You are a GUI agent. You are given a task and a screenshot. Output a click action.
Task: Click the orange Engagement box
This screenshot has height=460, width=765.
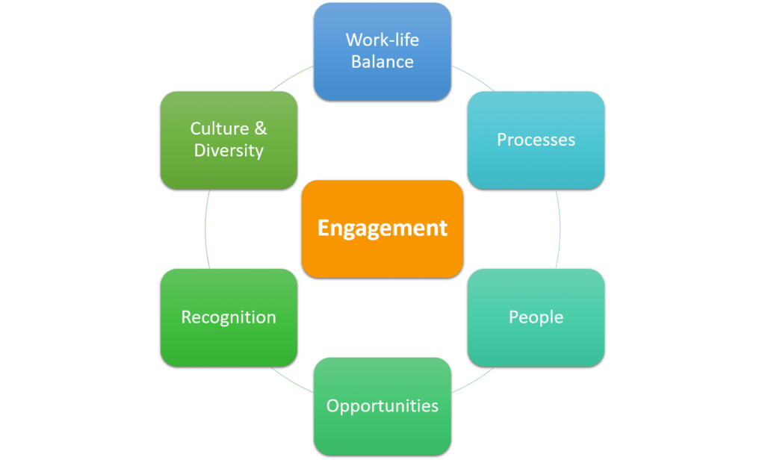[x=382, y=229]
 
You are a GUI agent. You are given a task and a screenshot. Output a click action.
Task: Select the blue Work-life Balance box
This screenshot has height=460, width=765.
[x=382, y=51]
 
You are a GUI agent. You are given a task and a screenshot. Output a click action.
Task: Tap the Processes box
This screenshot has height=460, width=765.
[x=536, y=140]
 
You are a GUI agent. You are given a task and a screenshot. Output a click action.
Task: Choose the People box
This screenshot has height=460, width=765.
[x=536, y=317]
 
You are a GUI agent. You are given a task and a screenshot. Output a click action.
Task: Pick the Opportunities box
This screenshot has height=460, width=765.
[x=382, y=406]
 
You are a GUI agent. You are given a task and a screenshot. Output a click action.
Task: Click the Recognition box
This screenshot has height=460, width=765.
[x=229, y=317]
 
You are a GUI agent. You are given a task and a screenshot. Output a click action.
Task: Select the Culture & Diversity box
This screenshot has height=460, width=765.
[x=229, y=140]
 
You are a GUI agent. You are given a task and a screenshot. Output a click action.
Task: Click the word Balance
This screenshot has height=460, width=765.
[x=382, y=62]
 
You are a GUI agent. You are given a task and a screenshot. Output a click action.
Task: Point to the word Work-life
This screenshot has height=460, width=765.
[x=382, y=40]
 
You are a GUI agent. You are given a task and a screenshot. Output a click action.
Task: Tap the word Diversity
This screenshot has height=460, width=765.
[x=229, y=151]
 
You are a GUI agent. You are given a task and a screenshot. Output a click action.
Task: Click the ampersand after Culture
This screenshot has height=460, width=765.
[x=260, y=128]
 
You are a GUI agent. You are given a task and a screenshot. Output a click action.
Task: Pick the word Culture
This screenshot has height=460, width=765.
[x=220, y=128]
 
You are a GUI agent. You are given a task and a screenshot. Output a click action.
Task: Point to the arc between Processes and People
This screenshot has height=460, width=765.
[x=560, y=229]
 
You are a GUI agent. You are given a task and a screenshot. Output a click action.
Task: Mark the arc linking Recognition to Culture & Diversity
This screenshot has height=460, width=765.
[x=205, y=229]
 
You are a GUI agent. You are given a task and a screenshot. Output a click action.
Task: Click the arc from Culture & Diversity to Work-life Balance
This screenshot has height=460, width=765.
[x=292, y=77]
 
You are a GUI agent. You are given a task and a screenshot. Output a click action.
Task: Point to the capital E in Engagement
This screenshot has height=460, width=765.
[x=323, y=229]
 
